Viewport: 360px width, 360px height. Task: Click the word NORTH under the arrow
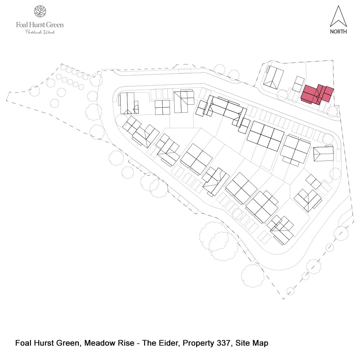(x=338, y=32)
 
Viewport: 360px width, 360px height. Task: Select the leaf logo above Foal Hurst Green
(x=40, y=11)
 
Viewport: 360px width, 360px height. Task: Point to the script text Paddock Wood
(x=40, y=32)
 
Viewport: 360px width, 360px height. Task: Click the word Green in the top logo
(x=55, y=25)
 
